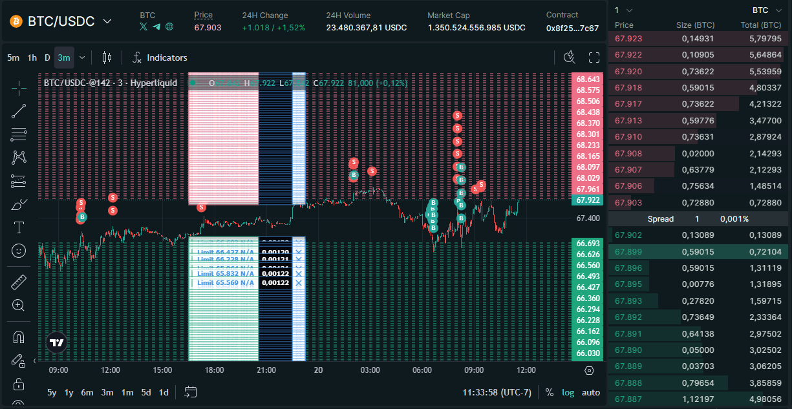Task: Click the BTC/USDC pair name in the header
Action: point(61,21)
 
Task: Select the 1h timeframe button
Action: point(32,58)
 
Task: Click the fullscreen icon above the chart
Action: point(594,58)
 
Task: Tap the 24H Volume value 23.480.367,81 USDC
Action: point(366,28)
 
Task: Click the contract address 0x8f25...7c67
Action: point(572,28)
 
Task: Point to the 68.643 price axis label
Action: point(588,79)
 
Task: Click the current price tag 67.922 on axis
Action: point(588,200)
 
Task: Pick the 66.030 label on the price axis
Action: point(588,353)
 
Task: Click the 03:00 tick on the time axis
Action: point(370,370)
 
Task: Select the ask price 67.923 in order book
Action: point(628,39)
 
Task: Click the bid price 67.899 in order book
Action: point(628,251)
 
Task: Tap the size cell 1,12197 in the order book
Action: point(697,399)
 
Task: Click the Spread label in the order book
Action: point(661,219)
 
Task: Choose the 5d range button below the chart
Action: point(146,392)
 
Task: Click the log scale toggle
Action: point(568,392)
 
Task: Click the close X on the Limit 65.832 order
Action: point(299,274)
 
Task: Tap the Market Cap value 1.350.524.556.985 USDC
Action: point(476,28)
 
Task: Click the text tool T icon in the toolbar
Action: point(19,227)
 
